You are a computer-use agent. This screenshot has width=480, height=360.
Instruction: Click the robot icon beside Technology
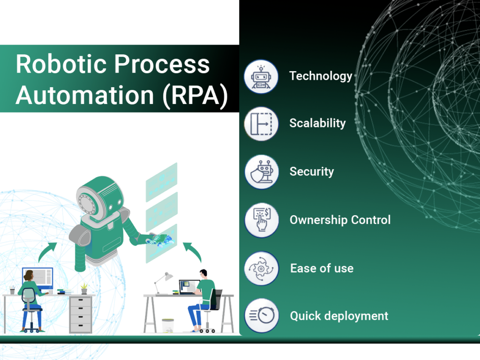point(261,76)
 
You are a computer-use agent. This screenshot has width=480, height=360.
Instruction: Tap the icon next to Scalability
point(261,124)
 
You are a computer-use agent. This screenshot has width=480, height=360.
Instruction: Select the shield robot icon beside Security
point(262,172)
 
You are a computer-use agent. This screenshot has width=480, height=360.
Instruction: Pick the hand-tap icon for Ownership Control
point(262,220)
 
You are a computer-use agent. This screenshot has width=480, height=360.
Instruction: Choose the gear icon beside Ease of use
point(262,269)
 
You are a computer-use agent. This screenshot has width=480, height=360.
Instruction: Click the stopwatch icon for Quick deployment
point(262,315)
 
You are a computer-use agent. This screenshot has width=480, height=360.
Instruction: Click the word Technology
point(321,76)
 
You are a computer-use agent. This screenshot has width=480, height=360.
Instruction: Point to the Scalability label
point(317,123)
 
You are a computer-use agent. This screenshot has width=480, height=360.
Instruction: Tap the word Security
point(312,172)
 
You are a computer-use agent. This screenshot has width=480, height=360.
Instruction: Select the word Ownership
point(319,220)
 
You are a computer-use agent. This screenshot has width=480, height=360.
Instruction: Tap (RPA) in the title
point(195,96)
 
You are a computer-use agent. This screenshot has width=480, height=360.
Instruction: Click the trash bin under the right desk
point(168,326)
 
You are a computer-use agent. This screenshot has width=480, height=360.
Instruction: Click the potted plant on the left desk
point(84,288)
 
